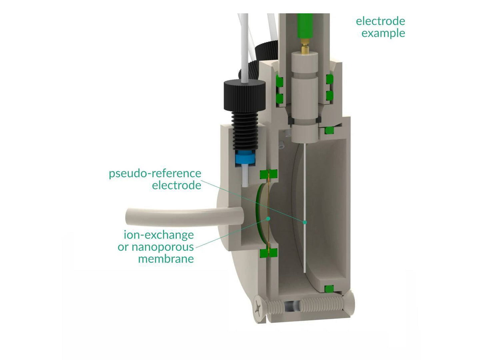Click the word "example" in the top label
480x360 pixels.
383,33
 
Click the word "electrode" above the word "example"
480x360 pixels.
380,21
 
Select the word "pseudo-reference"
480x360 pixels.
155,174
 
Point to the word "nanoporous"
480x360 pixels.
156,247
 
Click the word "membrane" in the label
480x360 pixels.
166,259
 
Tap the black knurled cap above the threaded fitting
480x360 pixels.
244,92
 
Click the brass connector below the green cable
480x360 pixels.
305,48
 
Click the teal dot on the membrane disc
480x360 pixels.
268,218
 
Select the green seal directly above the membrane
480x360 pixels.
269,174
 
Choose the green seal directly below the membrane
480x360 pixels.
269,253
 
